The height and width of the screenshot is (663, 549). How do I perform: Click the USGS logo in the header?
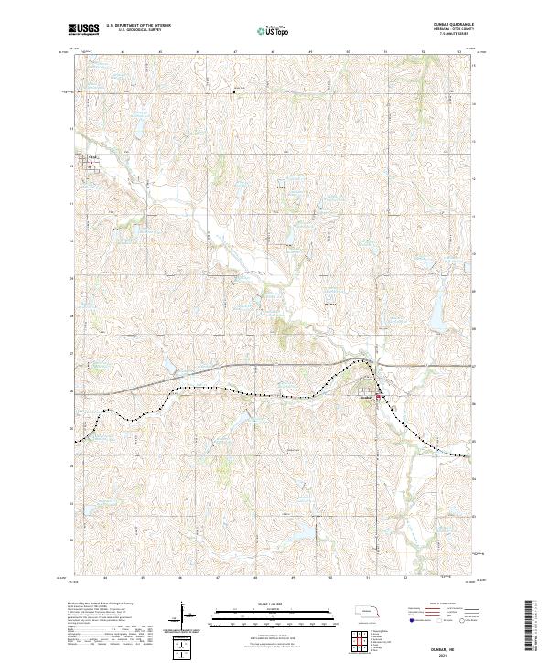(82, 29)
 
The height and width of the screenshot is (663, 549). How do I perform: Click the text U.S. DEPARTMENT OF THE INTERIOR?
(136, 26)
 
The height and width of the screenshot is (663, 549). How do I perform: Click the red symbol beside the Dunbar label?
(379, 397)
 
